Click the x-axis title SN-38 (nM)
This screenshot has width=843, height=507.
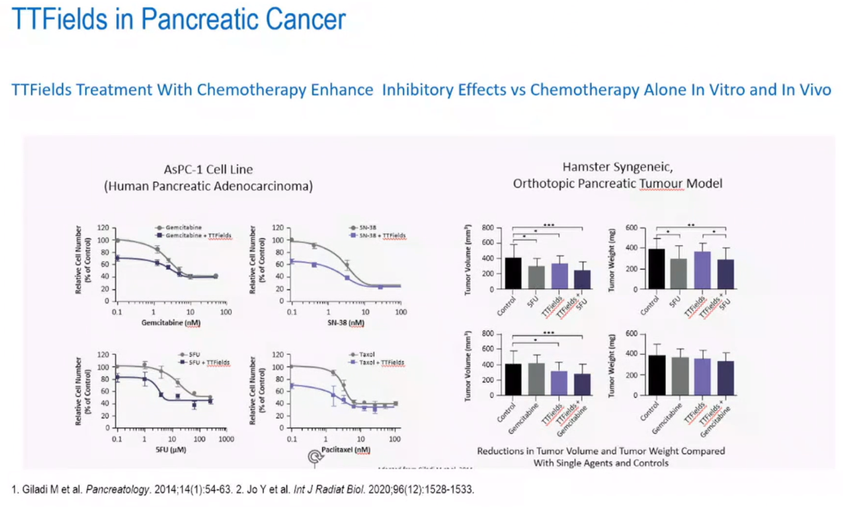point(347,322)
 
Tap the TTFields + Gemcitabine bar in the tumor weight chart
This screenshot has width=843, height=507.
point(725,378)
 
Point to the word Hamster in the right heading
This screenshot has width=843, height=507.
point(585,167)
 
